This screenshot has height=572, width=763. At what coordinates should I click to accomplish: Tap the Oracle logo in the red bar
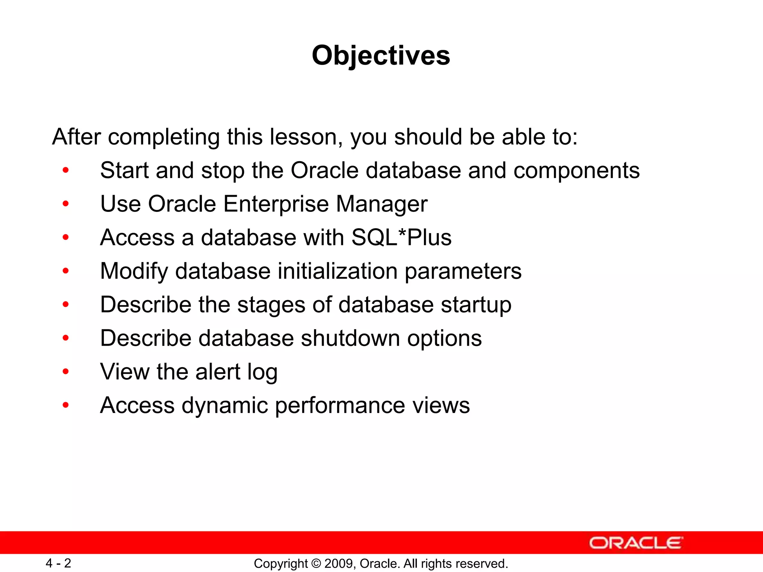[636, 543]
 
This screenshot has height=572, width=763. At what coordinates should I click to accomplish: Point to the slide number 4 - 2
[58, 563]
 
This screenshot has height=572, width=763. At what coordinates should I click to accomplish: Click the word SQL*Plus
[401, 238]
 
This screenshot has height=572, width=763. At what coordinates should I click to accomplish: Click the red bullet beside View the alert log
[66, 371]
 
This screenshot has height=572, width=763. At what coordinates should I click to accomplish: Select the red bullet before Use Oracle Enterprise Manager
[66, 204]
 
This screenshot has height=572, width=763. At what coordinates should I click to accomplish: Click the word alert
[218, 372]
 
